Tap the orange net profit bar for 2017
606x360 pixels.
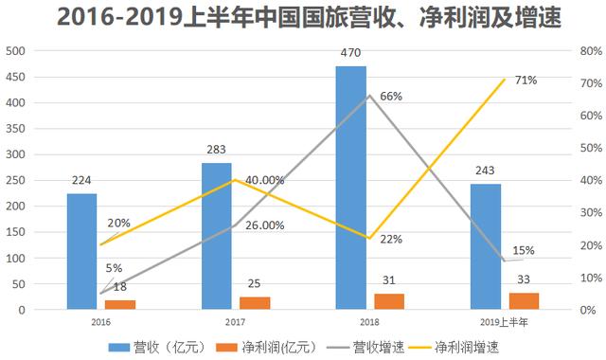tap(254, 303)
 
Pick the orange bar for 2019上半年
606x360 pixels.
tap(524, 300)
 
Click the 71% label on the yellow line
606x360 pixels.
tap(526, 81)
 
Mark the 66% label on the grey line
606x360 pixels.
tap(390, 96)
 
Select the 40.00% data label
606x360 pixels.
tap(265, 180)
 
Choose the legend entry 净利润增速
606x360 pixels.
tap(470, 347)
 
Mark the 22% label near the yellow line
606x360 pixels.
tap(390, 240)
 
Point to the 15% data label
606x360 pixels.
tap(524, 250)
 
